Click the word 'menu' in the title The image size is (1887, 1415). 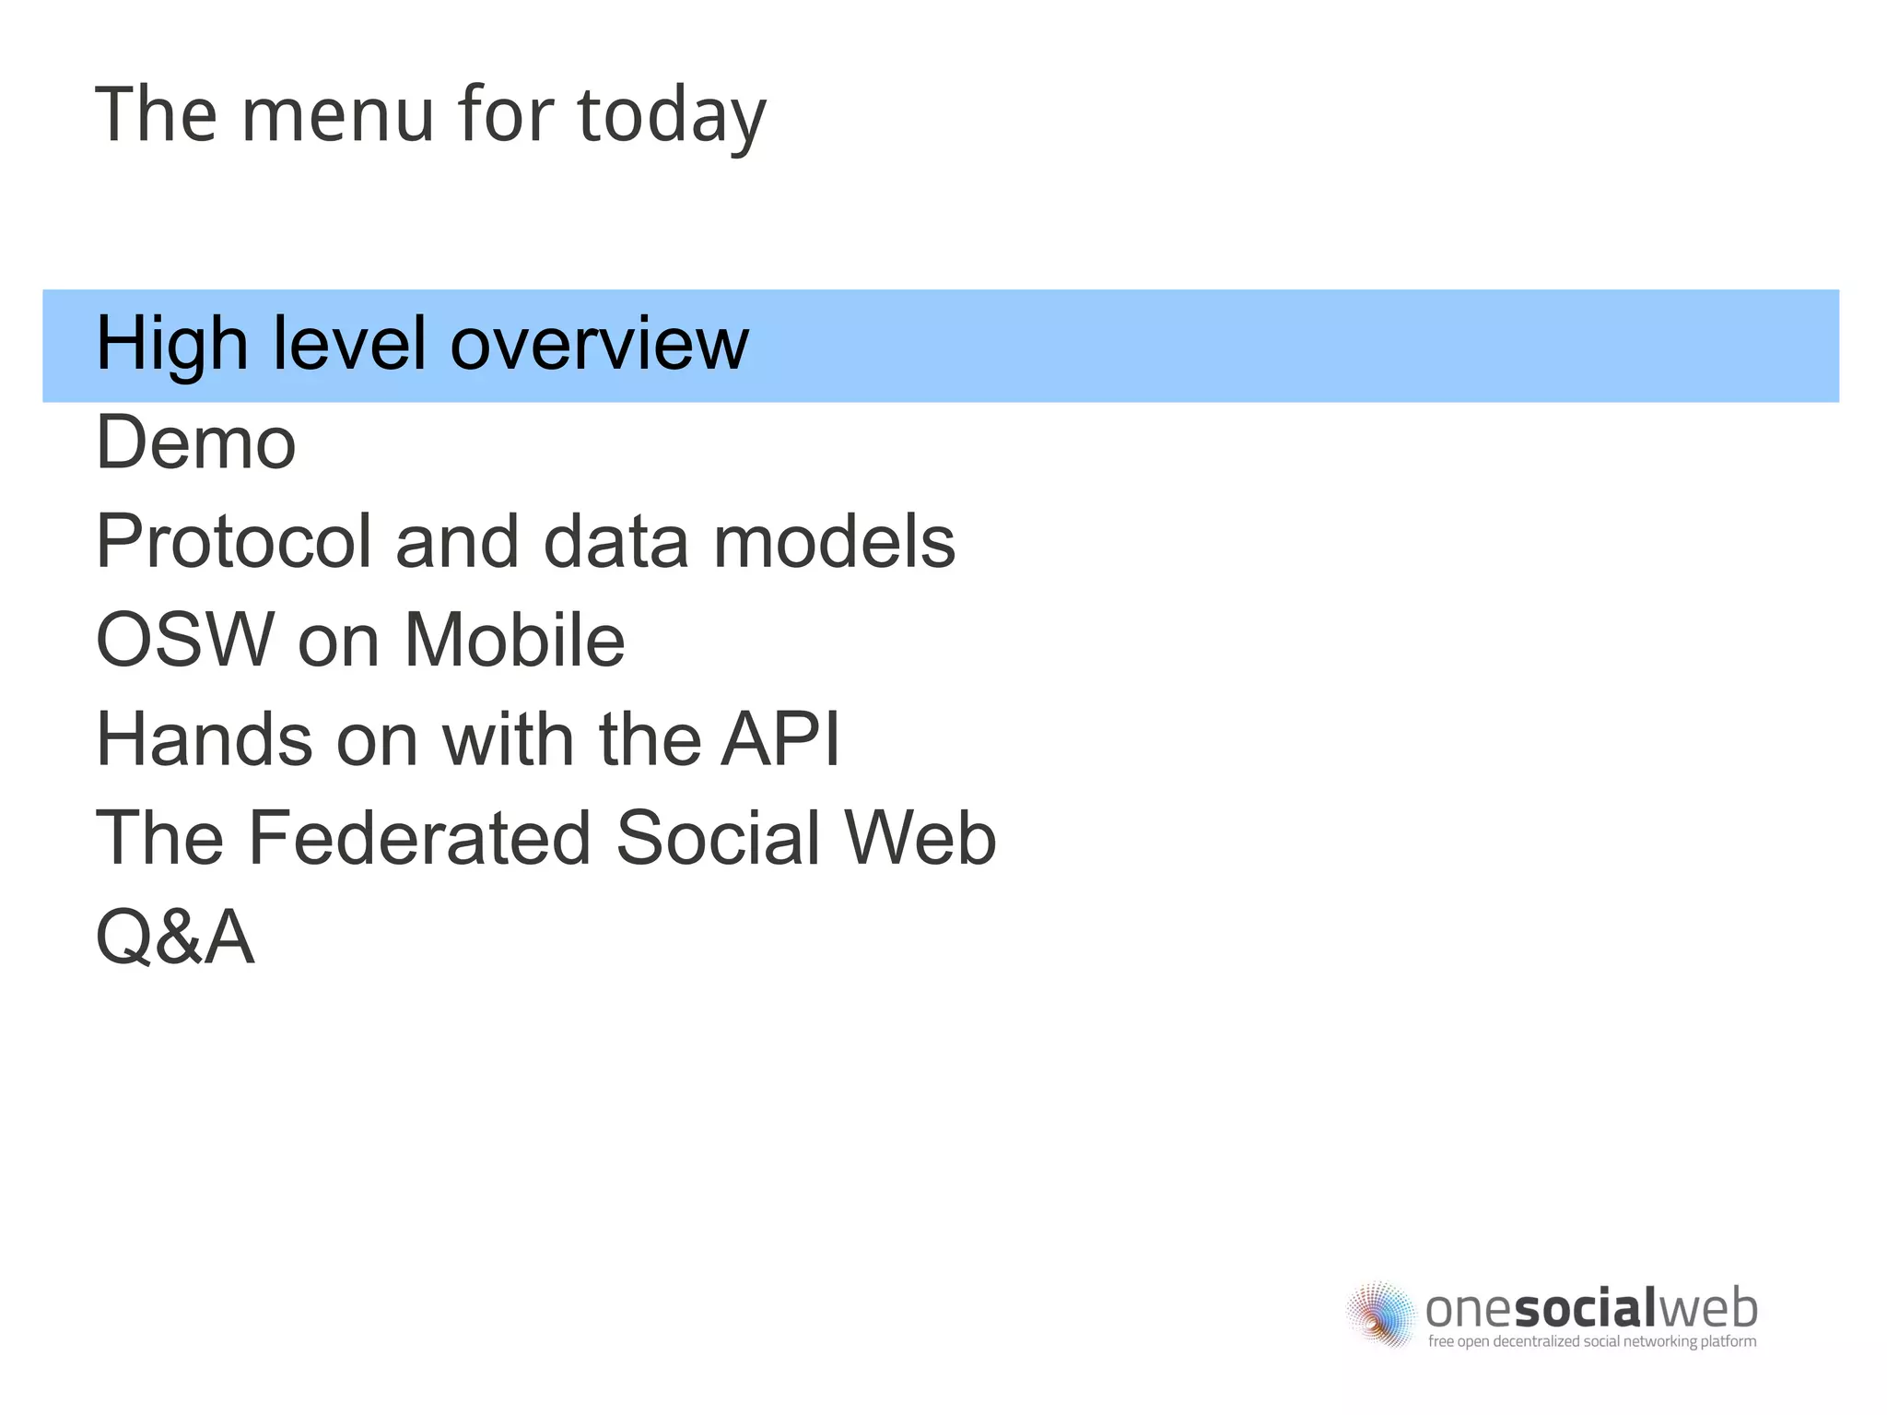[x=337, y=115]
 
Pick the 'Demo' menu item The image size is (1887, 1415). [x=195, y=443]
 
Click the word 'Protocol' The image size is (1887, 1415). [x=233, y=542]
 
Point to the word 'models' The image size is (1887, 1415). [x=834, y=542]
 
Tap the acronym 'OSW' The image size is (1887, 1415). [x=185, y=641]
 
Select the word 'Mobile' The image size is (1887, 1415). [x=514, y=641]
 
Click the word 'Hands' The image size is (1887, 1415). [x=204, y=739]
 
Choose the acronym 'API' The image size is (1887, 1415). [x=779, y=739]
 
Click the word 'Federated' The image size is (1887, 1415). [x=419, y=838]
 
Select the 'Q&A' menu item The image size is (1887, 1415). [x=175, y=937]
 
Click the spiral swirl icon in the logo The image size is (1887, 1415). [x=1380, y=1314]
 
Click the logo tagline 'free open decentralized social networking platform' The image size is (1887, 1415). [x=1591, y=1341]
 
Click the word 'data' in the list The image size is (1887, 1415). [x=616, y=542]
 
